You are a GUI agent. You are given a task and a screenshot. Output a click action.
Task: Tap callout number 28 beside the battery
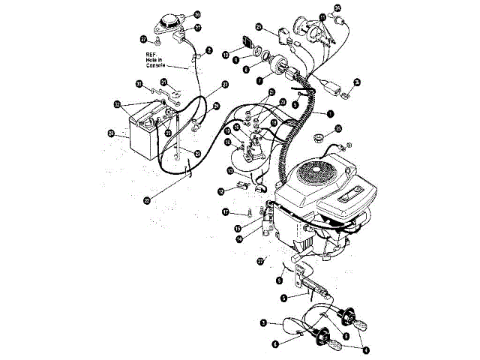coord(112,134)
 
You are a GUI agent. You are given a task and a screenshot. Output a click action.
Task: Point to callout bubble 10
coord(226,54)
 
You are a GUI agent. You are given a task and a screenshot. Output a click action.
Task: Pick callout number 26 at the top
coord(197,14)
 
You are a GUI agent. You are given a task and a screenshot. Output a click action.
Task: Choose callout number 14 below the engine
coord(239,240)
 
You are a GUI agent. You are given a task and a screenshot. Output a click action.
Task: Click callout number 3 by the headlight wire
coord(263,322)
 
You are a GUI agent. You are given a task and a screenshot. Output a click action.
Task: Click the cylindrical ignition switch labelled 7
coord(283,69)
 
